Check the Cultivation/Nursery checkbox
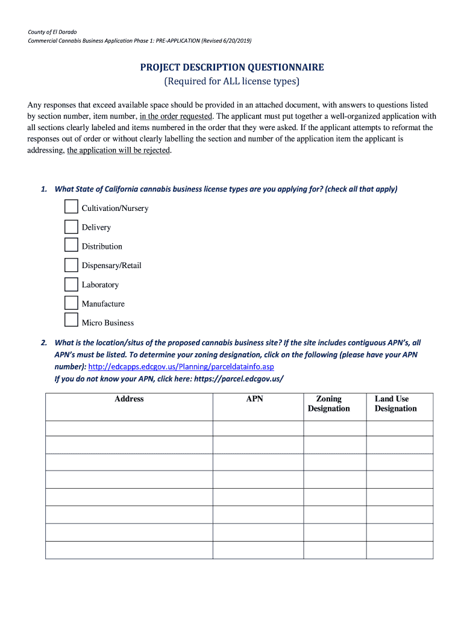point(71,207)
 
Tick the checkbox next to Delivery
point(71,227)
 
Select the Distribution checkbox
point(71,245)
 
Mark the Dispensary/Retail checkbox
point(71,265)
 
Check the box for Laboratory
point(71,284)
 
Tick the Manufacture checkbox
point(71,303)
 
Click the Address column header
point(129,399)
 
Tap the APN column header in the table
point(255,399)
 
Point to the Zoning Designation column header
point(328,404)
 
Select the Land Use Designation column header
point(395,404)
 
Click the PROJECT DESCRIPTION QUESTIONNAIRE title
point(232,67)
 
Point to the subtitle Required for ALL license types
point(232,81)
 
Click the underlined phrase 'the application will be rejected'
point(119,151)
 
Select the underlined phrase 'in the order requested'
point(175,116)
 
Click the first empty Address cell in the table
point(129,428)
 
